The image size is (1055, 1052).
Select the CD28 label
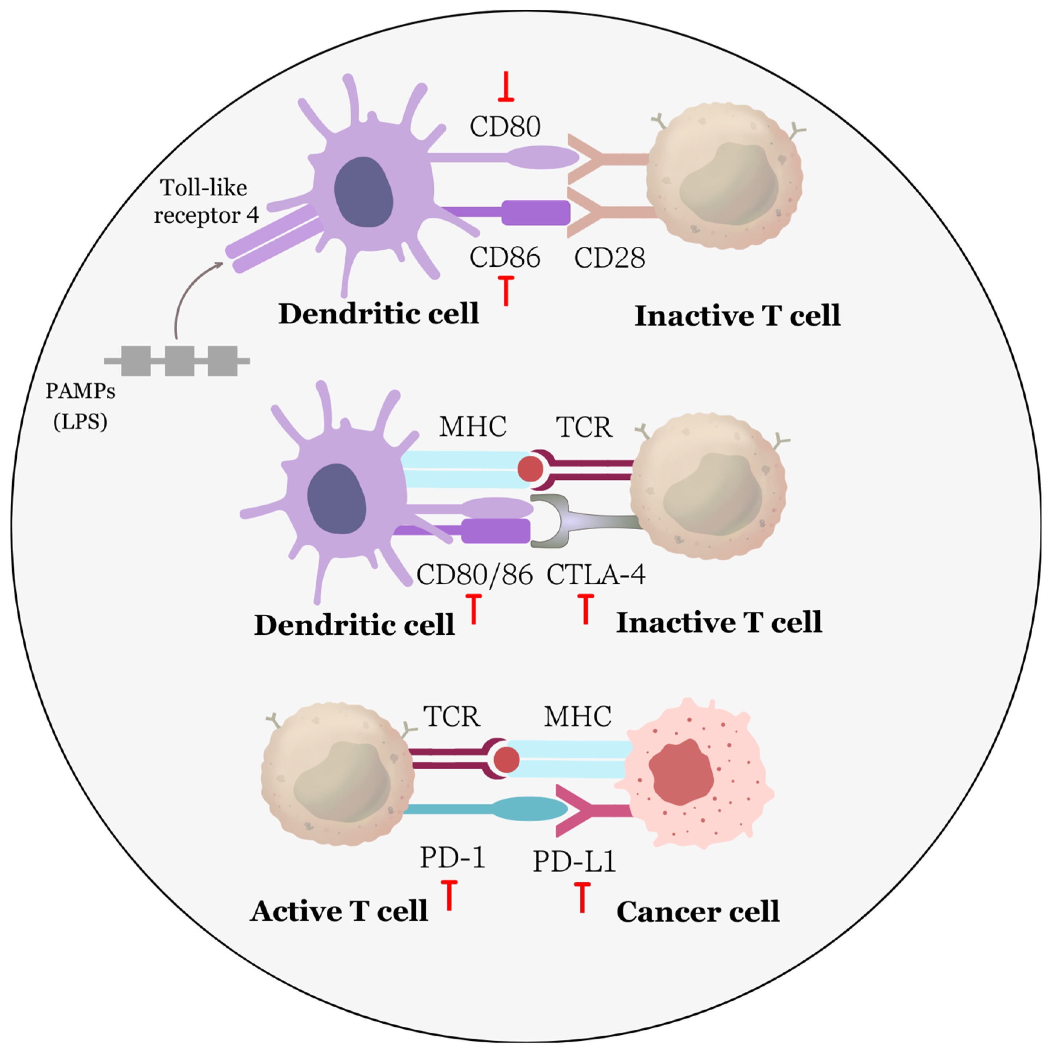[x=609, y=258]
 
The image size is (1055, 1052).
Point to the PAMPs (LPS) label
[x=80, y=406]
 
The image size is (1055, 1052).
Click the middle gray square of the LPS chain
[x=179, y=361]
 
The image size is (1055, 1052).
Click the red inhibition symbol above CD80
[x=506, y=87]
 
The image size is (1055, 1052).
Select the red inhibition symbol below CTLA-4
[x=585, y=609]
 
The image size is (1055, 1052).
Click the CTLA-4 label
[x=596, y=574]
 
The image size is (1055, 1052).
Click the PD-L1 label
[x=574, y=862]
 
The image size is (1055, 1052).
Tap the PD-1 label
[x=452, y=857]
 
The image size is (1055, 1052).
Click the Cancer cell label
[x=697, y=912]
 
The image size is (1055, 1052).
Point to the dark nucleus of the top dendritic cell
[x=363, y=192]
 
